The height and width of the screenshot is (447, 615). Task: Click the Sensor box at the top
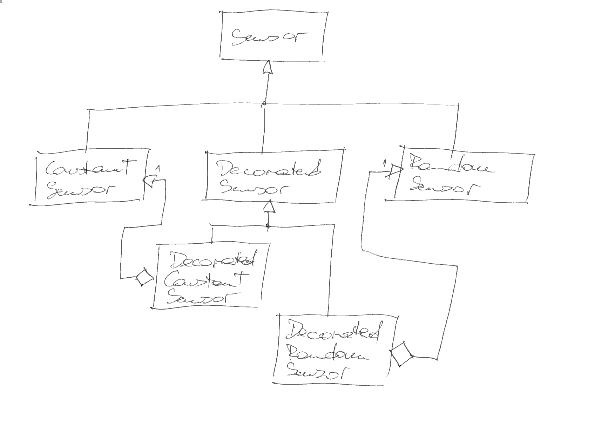coord(272,35)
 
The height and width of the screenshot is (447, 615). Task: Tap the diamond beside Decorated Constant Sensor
coord(144,277)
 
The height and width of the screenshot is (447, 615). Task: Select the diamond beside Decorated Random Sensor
coord(401,354)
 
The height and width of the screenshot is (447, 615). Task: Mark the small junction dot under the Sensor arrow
coord(264,104)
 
